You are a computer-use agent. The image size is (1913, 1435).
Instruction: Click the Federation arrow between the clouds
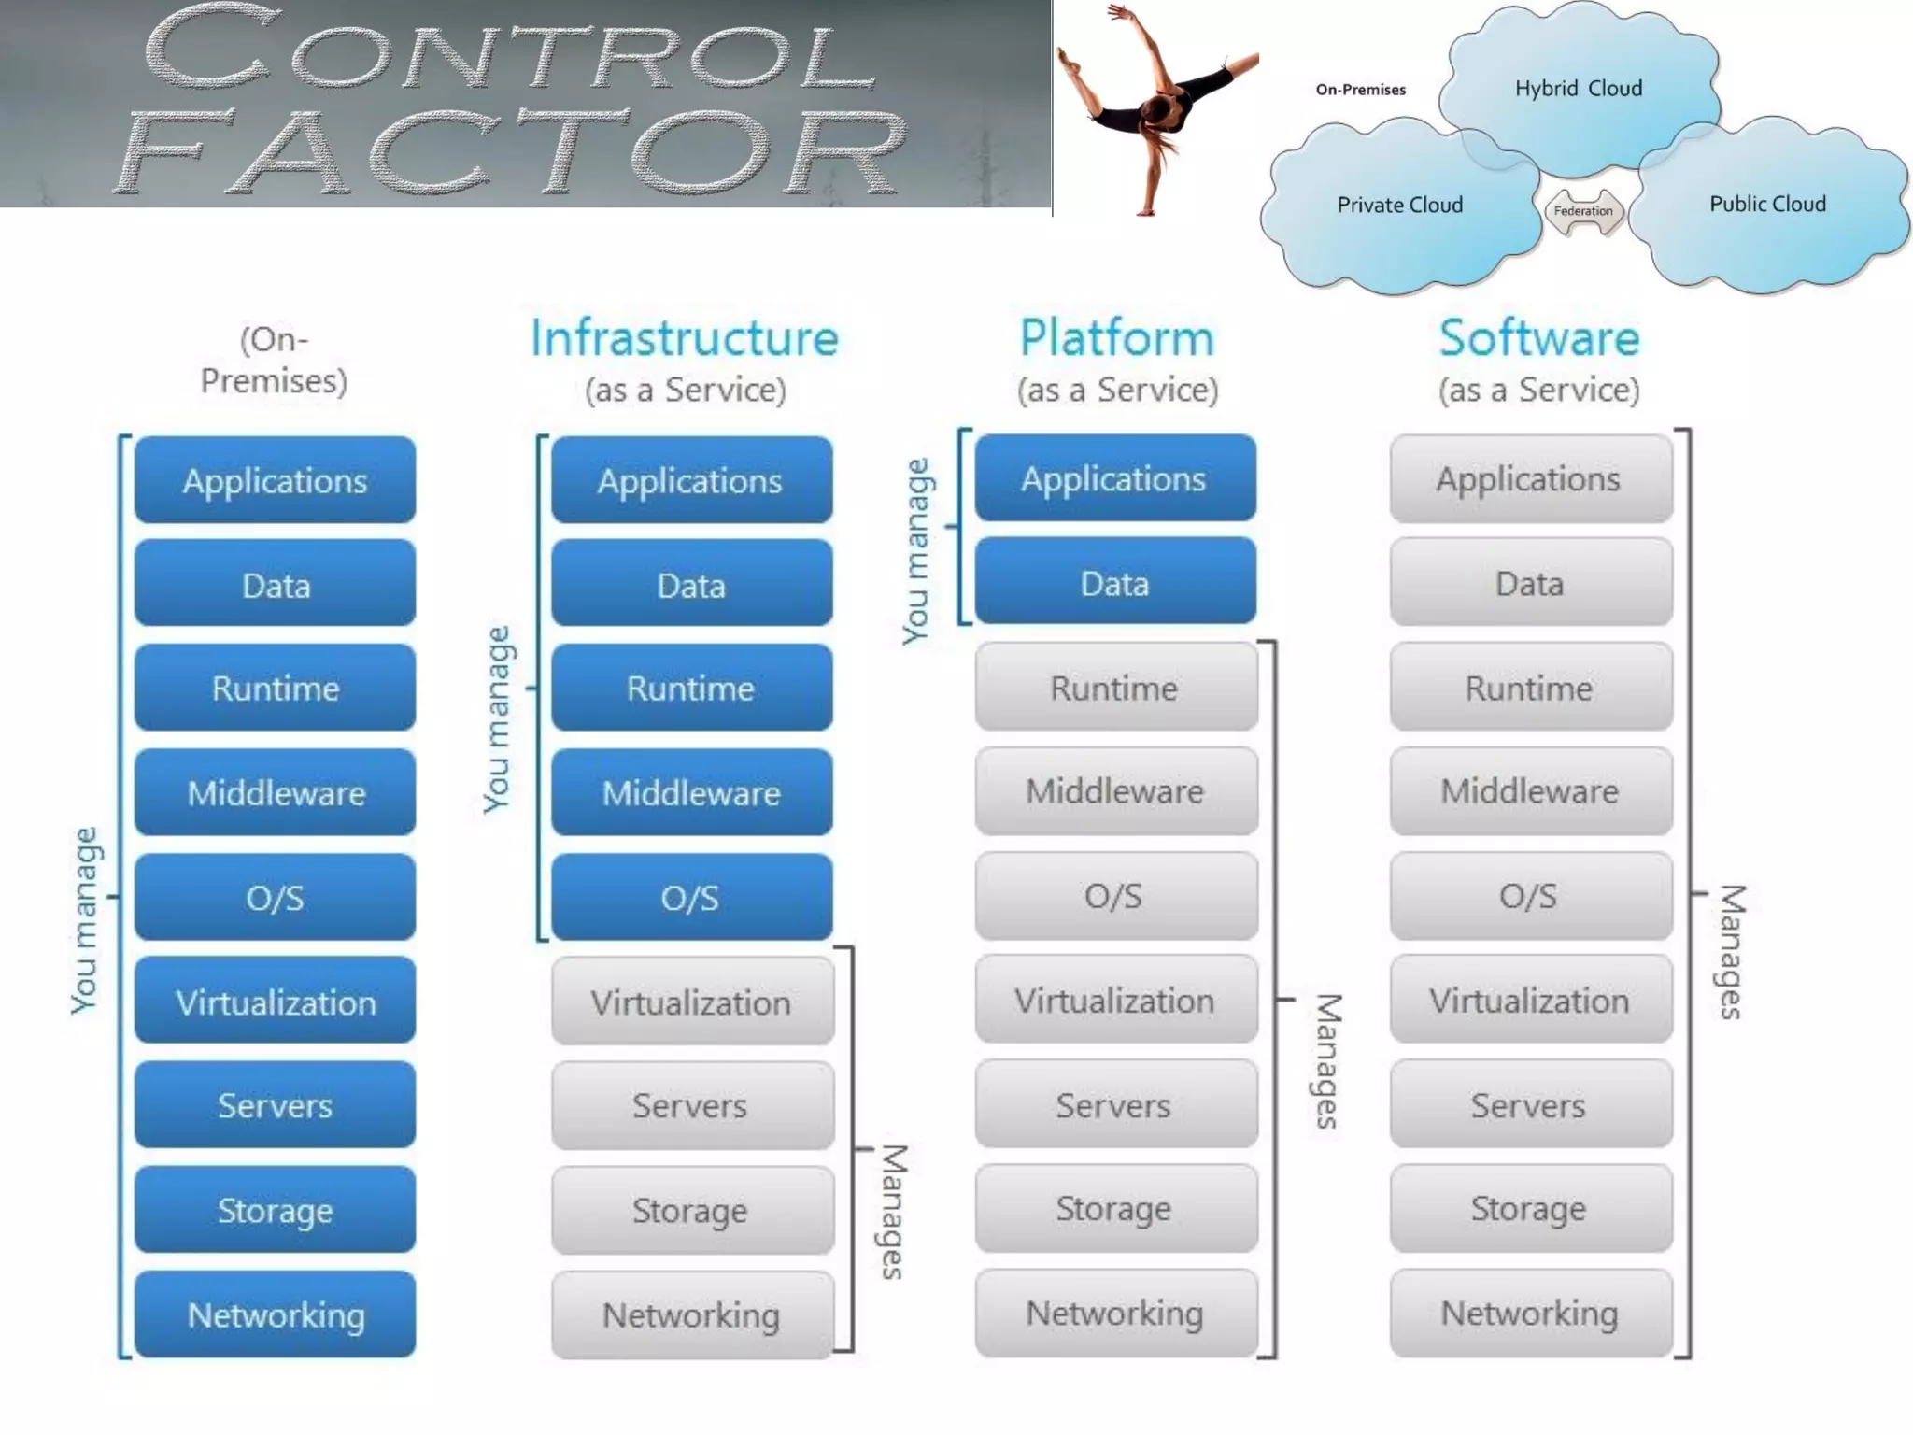(1583, 211)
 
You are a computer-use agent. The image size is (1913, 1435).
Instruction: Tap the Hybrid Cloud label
(1578, 89)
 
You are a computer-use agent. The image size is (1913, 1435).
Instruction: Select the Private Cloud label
(1399, 205)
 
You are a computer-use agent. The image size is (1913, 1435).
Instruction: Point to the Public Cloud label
(1767, 204)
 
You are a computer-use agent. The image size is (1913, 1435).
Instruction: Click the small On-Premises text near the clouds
(1360, 90)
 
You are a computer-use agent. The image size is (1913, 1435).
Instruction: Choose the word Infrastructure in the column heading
(685, 338)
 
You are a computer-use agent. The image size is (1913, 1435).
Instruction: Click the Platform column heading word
(1116, 338)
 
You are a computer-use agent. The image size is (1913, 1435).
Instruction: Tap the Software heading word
(1538, 338)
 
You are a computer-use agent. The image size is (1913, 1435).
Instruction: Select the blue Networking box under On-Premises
(276, 1314)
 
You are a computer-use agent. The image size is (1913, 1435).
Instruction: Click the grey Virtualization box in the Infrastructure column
(691, 1002)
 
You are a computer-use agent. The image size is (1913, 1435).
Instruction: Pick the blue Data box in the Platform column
(1115, 583)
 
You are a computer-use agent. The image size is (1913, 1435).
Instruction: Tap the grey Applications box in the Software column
(1529, 479)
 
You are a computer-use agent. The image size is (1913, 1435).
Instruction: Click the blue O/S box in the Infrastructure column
(691, 898)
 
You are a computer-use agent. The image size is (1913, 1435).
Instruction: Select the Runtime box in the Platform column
(1115, 689)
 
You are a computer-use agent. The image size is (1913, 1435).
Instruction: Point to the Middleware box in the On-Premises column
(276, 793)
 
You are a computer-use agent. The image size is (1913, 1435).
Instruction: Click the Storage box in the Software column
(1529, 1209)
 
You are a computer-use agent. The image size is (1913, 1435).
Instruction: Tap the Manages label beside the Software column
(1731, 952)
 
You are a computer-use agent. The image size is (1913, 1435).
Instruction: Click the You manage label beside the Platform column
(916, 551)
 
